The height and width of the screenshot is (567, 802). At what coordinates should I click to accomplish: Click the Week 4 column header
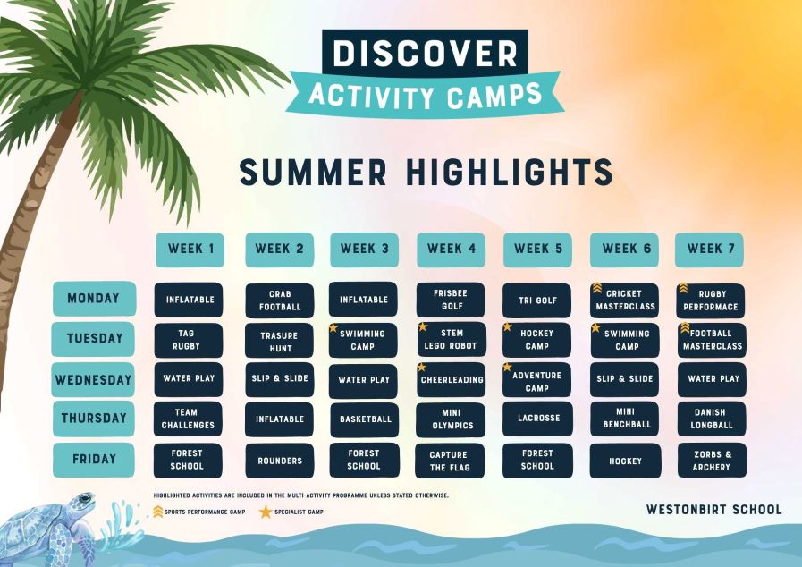click(x=452, y=250)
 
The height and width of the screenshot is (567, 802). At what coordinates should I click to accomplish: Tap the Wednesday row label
click(x=93, y=380)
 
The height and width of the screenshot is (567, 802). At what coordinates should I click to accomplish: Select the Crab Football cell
click(x=280, y=300)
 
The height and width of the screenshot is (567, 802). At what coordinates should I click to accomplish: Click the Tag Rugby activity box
click(x=189, y=340)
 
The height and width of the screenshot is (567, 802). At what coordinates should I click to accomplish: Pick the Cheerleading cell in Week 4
click(x=452, y=380)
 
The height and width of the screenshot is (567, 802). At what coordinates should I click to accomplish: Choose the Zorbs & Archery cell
click(x=712, y=461)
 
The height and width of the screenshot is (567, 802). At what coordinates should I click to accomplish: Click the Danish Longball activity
click(x=712, y=419)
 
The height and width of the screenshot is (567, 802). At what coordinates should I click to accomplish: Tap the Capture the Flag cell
click(x=450, y=461)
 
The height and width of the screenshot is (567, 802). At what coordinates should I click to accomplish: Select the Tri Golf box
click(x=537, y=300)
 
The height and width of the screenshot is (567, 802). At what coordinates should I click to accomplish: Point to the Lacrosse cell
click(x=537, y=418)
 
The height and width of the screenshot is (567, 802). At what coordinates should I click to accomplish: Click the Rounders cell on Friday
click(x=280, y=461)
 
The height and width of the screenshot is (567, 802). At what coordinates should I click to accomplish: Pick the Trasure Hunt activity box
click(x=279, y=341)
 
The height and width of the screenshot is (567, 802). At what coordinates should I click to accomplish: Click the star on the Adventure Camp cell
click(x=507, y=367)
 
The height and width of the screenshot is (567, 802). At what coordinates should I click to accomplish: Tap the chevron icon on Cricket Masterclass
click(x=597, y=288)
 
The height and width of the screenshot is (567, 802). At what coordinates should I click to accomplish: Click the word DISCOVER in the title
click(x=425, y=53)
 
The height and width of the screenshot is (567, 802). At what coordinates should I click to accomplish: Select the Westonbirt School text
click(x=714, y=510)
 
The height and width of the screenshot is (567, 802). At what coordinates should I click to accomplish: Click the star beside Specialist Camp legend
click(x=266, y=512)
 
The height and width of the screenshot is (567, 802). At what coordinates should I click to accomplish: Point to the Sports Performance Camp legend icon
click(x=158, y=512)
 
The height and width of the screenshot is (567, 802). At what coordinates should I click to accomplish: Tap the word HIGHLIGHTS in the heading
click(x=510, y=172)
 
